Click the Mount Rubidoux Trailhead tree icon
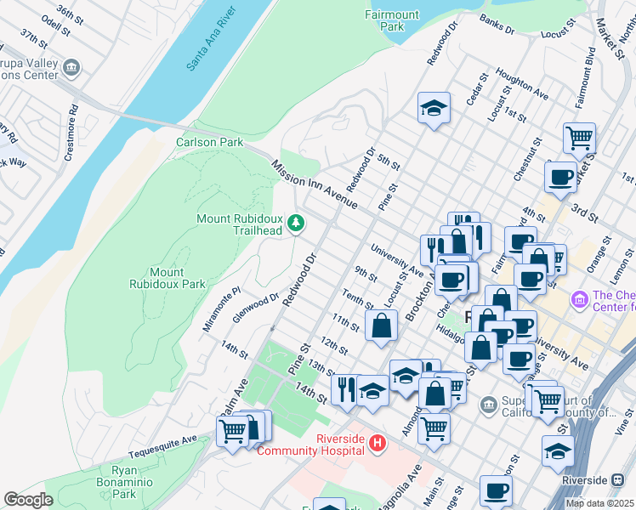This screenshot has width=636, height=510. pyautogui.click(x=296, y=224)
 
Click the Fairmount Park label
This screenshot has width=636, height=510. pyautogui.click(x=391, y=20)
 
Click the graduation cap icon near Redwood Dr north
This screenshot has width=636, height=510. pyautogui.click(x=434, y=108)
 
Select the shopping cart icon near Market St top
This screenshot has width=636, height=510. pyautogui.click(x=579, y=137)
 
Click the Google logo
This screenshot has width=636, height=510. pyautogui.click(x=28, y=500)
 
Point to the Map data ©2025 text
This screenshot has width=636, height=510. pyautogui.click(x=599, y=503)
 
